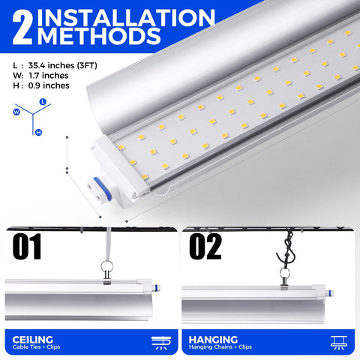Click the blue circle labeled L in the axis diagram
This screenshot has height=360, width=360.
tap(43, 100)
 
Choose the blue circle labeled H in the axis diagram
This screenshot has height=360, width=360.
tap(37, 131)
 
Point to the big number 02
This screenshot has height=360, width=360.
tap(205, 246)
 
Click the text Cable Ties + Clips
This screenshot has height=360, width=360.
tap(38, 348)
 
